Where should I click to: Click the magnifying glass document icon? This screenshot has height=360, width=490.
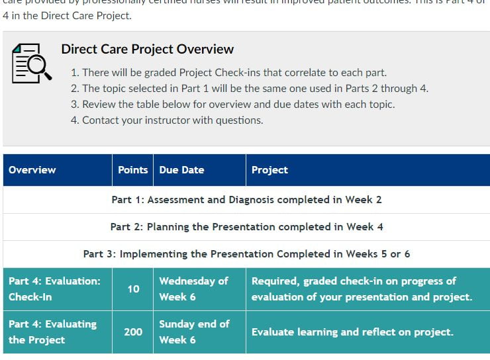click(x=31, y=64)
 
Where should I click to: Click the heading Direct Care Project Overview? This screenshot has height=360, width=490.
click(x=147, y=49)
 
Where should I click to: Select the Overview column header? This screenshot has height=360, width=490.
click(x=32, y=170)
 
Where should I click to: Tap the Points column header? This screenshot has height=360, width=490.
click(x=132, y=170)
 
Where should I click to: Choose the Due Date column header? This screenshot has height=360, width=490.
click(x=181, y=170)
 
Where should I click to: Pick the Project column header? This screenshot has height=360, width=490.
click(x=269, y=170)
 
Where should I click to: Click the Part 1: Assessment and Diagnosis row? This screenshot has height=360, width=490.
click(x=246, y=199)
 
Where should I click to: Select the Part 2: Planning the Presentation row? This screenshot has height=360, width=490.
click(x=246, y=226)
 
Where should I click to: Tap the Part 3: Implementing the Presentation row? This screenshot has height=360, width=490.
click(x=246, y=253)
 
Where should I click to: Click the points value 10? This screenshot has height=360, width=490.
click(x=133, y=289)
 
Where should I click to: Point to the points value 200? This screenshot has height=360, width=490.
click(x=133, y=332)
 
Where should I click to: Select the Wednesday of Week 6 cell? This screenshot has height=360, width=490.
click(x=193, y=289)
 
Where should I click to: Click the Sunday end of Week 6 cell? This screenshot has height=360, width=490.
click(x=194, y=332)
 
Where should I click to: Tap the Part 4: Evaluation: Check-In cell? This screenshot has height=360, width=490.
click(x=55, y=289)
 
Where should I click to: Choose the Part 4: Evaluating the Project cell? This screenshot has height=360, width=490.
click(x=53, y=332)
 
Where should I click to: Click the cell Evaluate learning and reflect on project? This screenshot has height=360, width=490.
click(x=352, y=332)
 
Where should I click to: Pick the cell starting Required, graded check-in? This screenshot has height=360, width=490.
click(x=362, y=289)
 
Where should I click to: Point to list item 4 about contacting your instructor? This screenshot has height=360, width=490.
click(x=172, y=120)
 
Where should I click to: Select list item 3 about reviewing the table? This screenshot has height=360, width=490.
click(x=238, y=104)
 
